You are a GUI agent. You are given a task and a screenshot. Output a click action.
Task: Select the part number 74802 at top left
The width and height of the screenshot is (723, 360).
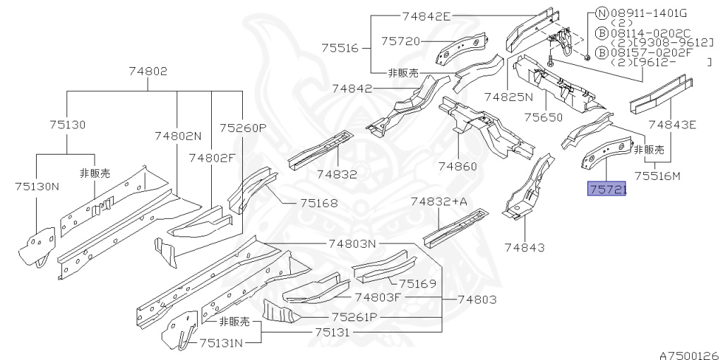(148, 71)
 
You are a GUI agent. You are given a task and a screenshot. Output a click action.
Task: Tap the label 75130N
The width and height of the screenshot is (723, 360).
(37, 186)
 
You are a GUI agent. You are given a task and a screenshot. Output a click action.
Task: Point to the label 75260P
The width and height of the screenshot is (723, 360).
(242, 128)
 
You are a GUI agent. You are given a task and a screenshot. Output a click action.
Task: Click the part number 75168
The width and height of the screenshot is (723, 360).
(318, 203)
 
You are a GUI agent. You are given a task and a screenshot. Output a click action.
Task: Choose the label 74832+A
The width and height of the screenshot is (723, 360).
(439, 202)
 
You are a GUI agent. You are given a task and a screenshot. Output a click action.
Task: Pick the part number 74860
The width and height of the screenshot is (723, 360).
(458, 167)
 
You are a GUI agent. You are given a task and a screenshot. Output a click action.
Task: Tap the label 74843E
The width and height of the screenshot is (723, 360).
(672, 125)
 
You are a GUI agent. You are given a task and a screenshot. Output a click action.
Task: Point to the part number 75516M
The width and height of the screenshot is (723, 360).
(657, 176)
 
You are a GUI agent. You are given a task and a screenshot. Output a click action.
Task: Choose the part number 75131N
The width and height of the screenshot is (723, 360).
(220, 343)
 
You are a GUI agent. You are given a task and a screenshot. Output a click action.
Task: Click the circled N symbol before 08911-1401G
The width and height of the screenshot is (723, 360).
(601, 12)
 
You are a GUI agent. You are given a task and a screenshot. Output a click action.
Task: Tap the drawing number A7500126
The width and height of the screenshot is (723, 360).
(689, 355)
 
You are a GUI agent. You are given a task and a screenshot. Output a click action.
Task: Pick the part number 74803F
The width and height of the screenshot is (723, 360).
(378, 297)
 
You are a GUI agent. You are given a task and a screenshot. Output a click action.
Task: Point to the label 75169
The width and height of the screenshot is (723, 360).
(417, 284)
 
